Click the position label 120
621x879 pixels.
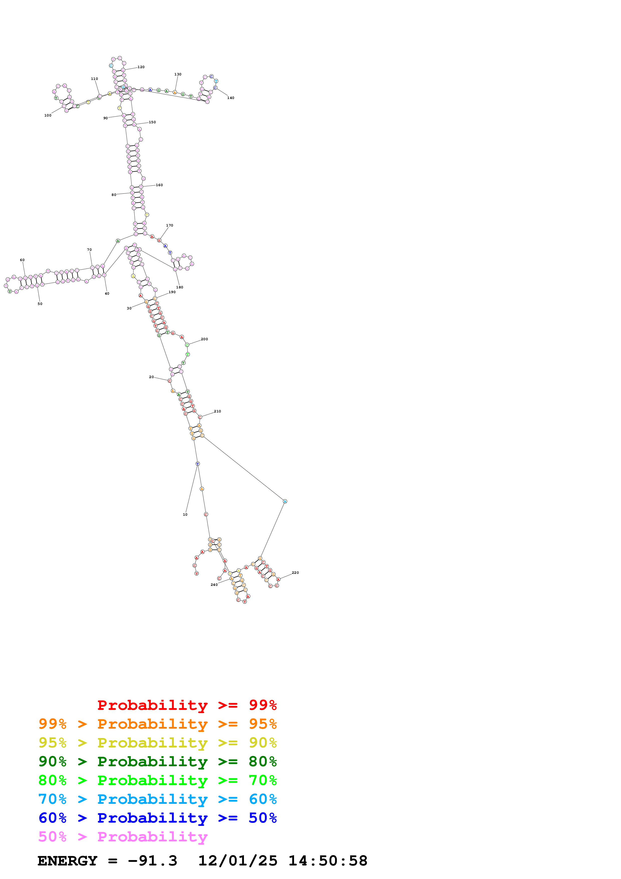pyautogui.click(x=141, y=67)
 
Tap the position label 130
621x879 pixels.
pyautogui.click(x=178, y=74)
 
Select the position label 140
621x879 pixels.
pyautogui.click(x=231, y=98)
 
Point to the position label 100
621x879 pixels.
pyautogui.click(x=48, y=115)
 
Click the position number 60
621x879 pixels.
pyautogui.click(x=22, y=260)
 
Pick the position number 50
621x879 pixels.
pyautogui.click(x=40, y=304)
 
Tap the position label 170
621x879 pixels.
pyautogui.click(x=170, y=226)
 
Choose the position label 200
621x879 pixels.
pyautogui.click(x=204, y=339)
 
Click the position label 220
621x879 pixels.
pyautogui.click(x=295, y=573)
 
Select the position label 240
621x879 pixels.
pyautogui.click(x=214, y=585)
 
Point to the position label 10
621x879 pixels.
pyautogui.click(x=185, y=514)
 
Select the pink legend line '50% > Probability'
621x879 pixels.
pyautogui.click(x=123, y=836)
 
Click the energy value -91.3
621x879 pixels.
pyautogui.click(x=153, y=861)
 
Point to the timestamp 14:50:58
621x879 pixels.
pyautogui.click(x=328, y=861)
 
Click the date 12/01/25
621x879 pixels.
pyautogui.click(x=238, y=861)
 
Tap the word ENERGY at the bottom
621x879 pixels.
pyautogui.click(x=67, y=861)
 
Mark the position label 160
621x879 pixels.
pyautogui.click(x=159, y=185)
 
